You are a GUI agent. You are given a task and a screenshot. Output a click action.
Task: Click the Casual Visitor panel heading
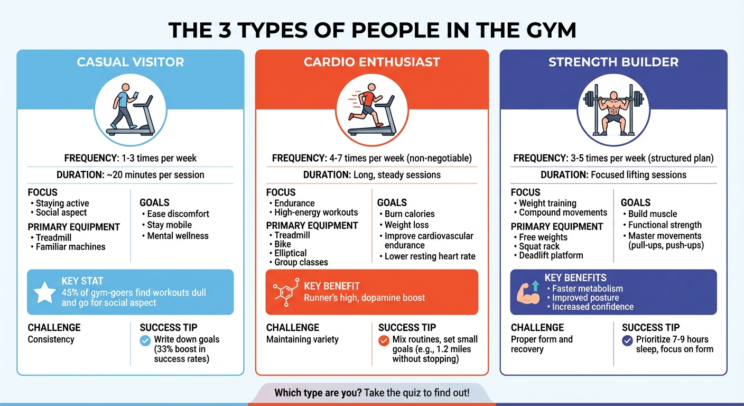coord(131,62)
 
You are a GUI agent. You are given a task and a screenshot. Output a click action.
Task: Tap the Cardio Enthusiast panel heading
coord(372,62)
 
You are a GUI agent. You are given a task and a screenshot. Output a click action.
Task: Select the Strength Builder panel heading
coord(613,62)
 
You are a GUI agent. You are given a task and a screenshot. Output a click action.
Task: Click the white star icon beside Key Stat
coord(44,292)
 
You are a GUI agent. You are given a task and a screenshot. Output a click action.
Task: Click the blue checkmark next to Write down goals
coord(145,341)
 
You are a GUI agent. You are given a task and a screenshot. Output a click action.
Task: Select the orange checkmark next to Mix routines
coord(384,341)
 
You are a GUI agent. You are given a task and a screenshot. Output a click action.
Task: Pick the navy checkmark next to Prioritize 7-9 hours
coord(628,341)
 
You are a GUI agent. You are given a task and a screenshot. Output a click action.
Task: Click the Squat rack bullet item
coord(540,246)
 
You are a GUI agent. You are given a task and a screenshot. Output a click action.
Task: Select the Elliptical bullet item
coord(290,253)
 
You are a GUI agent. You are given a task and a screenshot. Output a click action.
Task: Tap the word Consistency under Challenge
coord(51,339)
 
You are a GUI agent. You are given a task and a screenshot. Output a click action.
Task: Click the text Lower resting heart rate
coord(430,256)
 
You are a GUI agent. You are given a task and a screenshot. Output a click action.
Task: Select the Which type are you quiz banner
coord(371,393)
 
